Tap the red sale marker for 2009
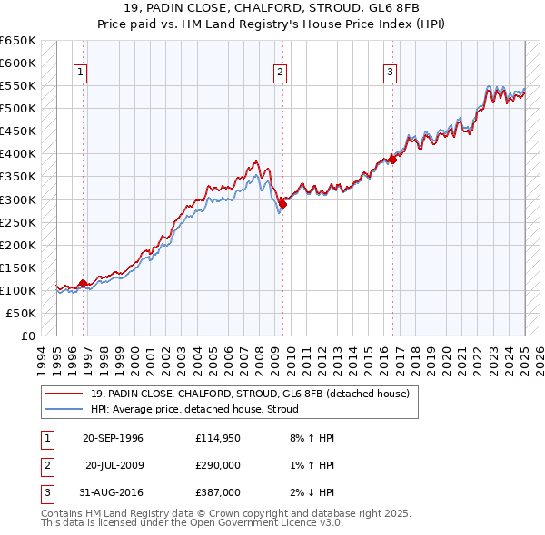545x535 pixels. click(x=282, y=204)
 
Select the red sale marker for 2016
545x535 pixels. click(x=392, y=160)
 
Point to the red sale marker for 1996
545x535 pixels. click(x=83, y=283)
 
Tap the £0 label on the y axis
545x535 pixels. click(x=28, y=336)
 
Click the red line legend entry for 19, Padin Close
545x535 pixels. click(x=250, y=394)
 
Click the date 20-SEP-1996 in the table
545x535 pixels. click(x=113, y=438)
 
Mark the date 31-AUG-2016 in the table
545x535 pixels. click(x=113, y=492)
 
